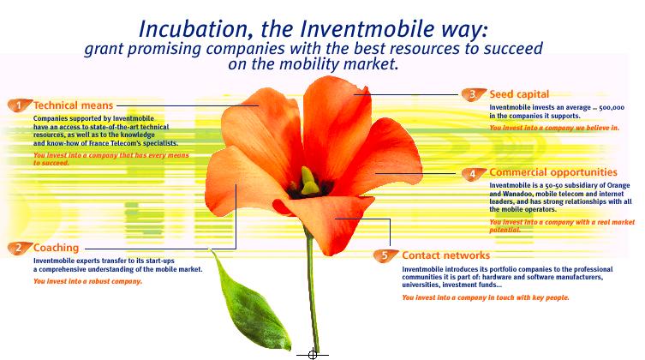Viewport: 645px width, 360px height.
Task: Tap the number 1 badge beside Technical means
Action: click(x=20, y=105)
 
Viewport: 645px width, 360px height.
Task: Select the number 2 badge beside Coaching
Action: click(x=20, y=248)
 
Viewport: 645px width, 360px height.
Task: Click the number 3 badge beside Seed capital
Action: click(x=474, y=94)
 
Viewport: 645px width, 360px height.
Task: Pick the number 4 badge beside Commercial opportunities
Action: click(x=474, y=173)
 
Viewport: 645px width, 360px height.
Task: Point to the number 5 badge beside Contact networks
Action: click(x=385, y=255)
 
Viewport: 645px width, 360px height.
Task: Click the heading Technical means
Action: click(x=73, y=105)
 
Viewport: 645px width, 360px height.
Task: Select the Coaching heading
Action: click(x=56, y=248)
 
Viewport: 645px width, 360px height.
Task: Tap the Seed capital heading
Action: click(x=519, y=94)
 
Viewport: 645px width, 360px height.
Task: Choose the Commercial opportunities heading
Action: click(x=553, y=172)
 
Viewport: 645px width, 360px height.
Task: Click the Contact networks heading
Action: click(x=446, y=255)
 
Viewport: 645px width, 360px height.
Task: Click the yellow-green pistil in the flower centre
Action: click(x=309, y=181)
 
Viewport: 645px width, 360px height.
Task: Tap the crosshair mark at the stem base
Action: click(x=312, y=354)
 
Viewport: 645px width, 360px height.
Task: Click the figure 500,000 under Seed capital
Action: click(x=612, y=107)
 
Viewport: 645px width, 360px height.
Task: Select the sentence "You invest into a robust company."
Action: click(x=87, y=281)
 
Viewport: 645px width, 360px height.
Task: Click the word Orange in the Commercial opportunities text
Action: click(x=618, y=185)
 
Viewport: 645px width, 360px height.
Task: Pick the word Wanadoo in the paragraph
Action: click(x=516, y=194)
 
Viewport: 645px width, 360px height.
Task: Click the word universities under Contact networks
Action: click(x=421, y=285)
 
